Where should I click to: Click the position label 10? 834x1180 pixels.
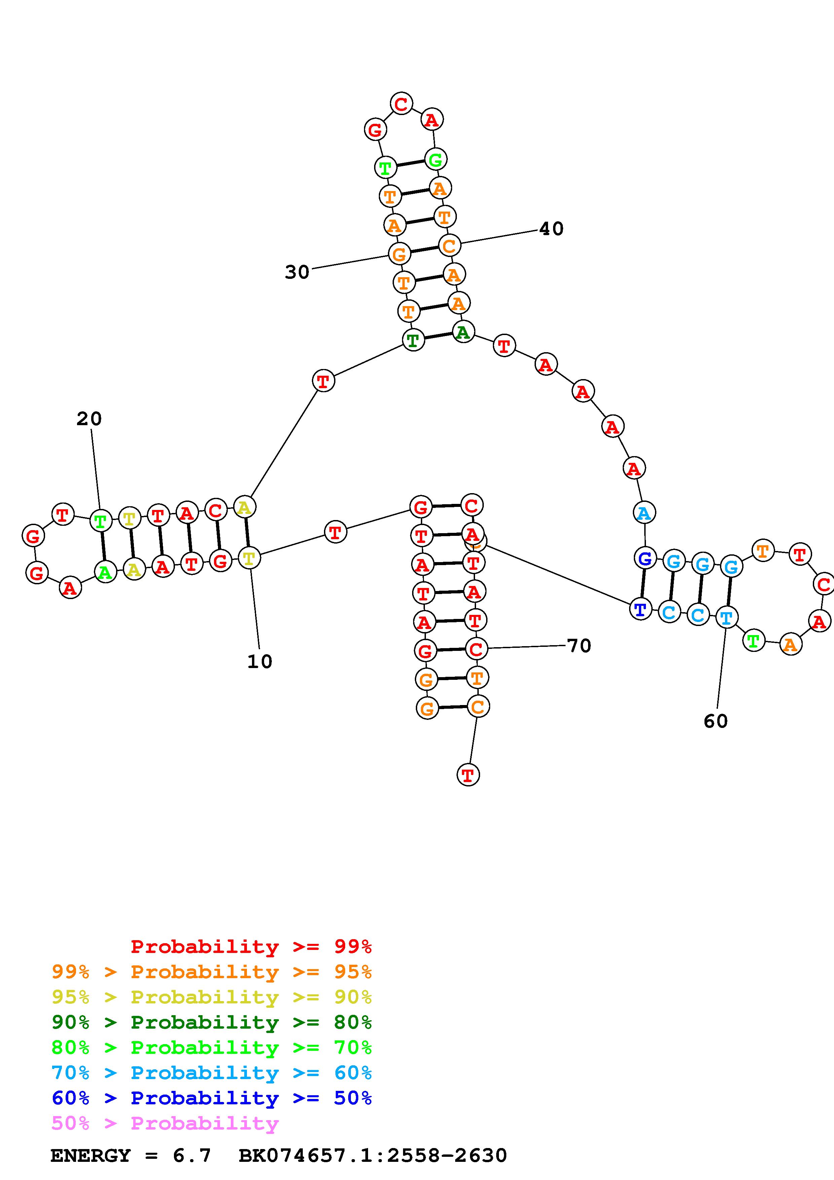pos(259,661)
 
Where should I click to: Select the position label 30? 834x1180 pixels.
pos(297,272)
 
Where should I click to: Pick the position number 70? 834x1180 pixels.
pos(579,646)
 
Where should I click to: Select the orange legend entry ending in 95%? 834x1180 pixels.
pos(212,972)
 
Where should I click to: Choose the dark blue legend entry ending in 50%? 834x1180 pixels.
pos(212,1098)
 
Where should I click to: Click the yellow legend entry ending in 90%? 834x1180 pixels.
pos(212,997)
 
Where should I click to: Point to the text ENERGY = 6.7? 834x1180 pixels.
pos(131,1155)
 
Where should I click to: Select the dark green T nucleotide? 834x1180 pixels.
pos(413,340)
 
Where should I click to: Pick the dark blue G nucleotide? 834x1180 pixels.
pos(645,558)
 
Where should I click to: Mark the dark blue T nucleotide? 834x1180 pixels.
pos(640,610)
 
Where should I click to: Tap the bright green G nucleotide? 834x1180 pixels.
pos(435,159)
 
